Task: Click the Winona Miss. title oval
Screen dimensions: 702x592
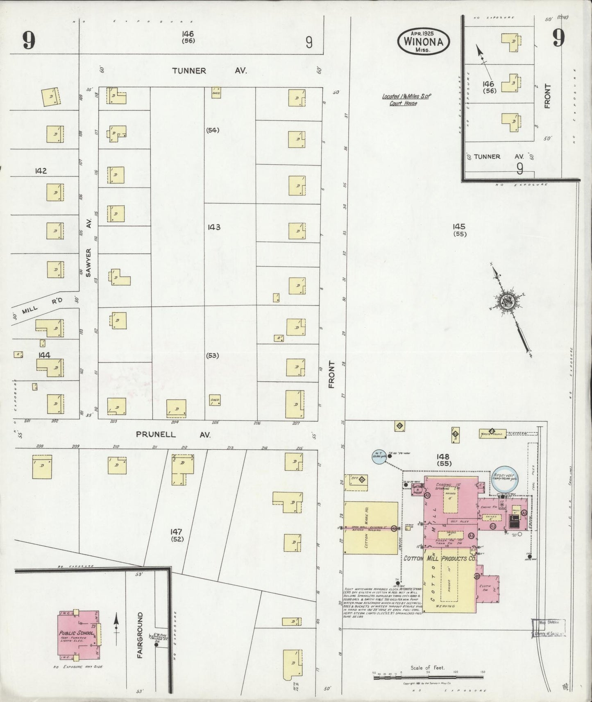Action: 423,41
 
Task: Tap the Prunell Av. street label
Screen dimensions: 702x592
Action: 173,435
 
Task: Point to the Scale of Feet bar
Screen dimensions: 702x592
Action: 428,677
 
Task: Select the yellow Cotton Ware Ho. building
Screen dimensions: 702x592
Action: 370,528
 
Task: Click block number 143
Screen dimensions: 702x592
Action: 214,227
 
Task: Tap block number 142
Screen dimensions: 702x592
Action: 41,171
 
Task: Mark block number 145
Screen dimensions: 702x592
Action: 459,226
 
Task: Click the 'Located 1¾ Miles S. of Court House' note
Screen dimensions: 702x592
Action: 406,100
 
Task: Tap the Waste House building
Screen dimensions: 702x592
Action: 492,433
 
